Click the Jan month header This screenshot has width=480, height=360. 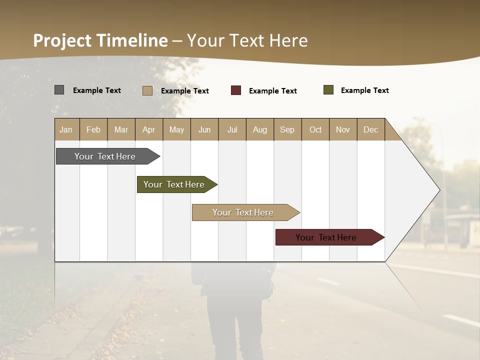66,129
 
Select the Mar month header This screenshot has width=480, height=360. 121,129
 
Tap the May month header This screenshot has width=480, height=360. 176,129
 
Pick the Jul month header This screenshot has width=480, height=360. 232,129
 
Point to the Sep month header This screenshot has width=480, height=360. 287,129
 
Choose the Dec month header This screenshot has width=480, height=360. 370,129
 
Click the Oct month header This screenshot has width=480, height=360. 315,129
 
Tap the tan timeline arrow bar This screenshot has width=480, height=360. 243,212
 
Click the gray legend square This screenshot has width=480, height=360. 59,90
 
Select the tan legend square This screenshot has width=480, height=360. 147,90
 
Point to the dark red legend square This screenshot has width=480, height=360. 236,90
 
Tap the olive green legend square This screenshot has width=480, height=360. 328,90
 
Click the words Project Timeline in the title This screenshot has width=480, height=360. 100,40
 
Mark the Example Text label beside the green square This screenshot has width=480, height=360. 364,90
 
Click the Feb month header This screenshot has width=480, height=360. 93,129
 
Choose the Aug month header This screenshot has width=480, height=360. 259,129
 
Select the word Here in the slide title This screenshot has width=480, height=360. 288,40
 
